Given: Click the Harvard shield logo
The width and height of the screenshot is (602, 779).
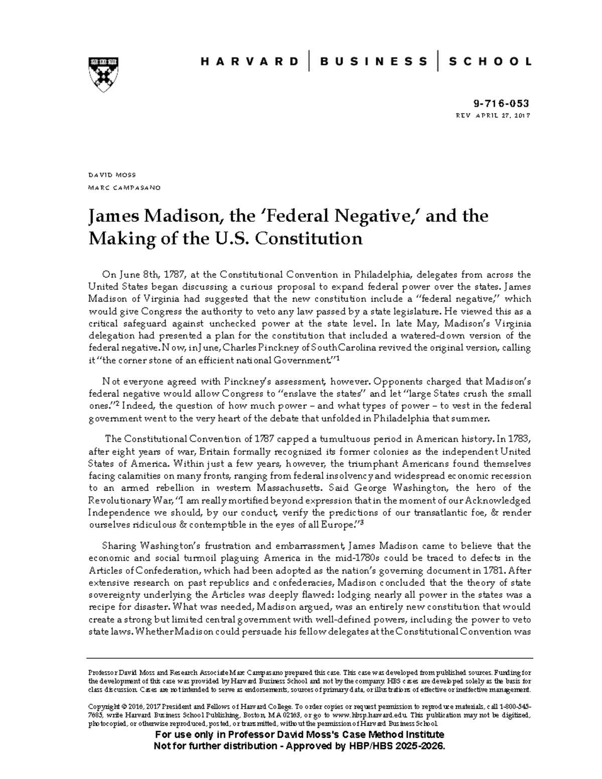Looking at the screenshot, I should pos(104,73).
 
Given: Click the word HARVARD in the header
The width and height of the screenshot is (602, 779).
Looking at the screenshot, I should pos(249,62).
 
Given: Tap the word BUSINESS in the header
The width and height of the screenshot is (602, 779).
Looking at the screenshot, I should pos(374,62).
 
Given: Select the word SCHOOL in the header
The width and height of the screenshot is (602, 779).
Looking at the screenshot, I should pos(490,62).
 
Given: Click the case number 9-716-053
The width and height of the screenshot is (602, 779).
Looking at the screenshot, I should pos(501,104).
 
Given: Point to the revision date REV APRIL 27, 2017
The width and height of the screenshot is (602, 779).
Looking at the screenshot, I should pos(493,115).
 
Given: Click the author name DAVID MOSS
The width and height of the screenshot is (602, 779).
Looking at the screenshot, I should pos(112,175).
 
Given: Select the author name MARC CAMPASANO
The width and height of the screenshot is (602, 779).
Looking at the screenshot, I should pos(124,188).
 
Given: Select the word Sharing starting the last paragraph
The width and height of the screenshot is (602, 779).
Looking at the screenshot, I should pos(119,545).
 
